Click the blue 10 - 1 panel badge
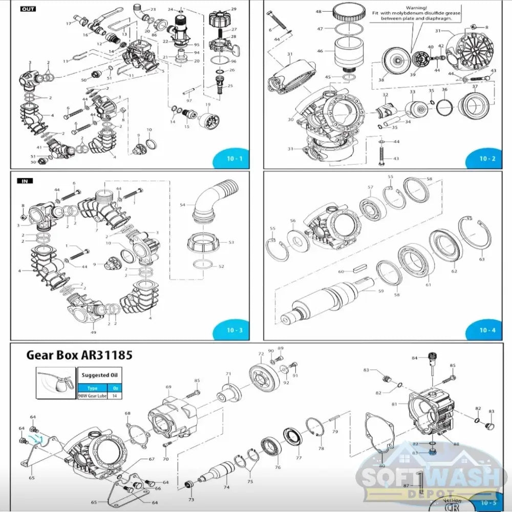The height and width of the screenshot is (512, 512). pyautogui.click(x=233, y=159)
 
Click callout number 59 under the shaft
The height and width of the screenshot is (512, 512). pyautogui.click(x=380, y=291)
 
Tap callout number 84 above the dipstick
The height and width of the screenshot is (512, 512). pyautogui.click(x=415, y=358)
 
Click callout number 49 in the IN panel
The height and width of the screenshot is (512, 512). pyautogui.click(x=94, y=332)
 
